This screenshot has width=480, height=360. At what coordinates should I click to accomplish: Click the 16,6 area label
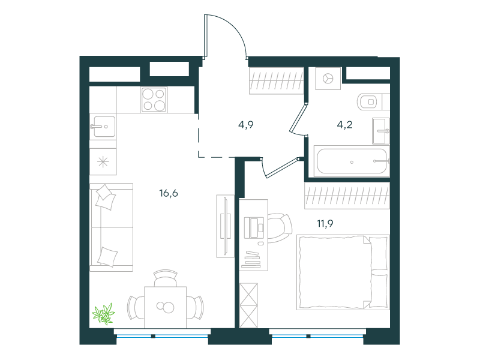tap(169, 193)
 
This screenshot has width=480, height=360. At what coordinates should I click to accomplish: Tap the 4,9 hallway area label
tap(246, 125)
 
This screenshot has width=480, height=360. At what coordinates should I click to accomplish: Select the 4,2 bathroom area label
tap(344, 125)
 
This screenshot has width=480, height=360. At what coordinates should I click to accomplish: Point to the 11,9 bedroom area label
tap(325, 224)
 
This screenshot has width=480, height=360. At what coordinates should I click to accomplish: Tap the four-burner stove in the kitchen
tap(154, 100)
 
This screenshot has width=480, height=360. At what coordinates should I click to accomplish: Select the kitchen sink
tap(103, 127)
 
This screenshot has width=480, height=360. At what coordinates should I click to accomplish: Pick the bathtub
tap(352, 161)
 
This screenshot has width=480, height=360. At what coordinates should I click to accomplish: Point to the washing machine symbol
tap(328, 79)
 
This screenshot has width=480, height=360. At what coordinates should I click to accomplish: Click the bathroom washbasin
tap(381, 131)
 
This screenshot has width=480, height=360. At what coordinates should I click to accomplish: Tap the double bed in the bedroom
tap(343, 272)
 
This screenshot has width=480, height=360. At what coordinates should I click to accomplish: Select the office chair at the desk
tap(280, 228)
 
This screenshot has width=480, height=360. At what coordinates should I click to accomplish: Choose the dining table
tap(166, 307)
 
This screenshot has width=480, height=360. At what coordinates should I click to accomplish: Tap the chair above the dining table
tap(166, 278)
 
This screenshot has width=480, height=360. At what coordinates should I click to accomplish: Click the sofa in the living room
tap(112, 227)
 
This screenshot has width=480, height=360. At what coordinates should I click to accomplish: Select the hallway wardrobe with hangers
tap(276, 81)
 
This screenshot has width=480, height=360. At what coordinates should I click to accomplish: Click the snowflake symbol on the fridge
tap(103, 162)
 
